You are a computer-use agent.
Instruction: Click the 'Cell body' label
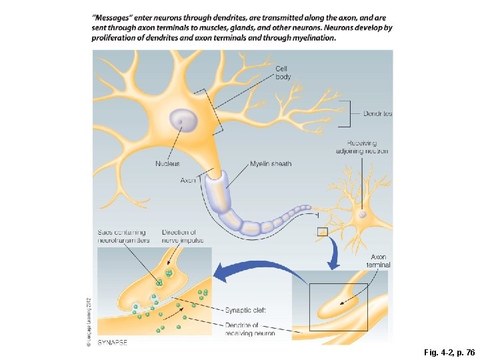(283, 72)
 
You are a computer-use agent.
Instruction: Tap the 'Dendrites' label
(377, 113)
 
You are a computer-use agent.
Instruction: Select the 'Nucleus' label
(167, 164)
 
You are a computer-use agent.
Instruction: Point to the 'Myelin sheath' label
(271, 164)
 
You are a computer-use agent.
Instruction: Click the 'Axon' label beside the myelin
(188, 181)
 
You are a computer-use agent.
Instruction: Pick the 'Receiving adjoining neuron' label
(362, 147)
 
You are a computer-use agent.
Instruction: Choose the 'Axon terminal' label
(378, 261)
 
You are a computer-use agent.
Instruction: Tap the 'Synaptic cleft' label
(245, 310)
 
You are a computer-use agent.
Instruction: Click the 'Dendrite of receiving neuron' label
(250, 329)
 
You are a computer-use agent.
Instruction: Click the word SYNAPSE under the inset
(113, 342)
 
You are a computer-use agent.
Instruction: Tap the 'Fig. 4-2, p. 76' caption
(448, 351)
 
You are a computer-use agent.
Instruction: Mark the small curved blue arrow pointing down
(333, 253)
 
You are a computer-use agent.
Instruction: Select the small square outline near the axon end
(323, 231)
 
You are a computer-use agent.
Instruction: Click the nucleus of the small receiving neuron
(362, 215)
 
